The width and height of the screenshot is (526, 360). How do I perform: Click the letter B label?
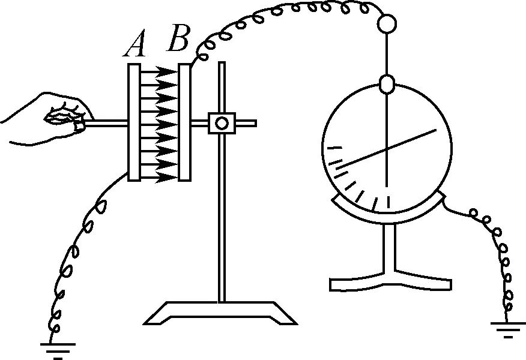coord(179,39)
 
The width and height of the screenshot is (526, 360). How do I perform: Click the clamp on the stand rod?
coord(221,123)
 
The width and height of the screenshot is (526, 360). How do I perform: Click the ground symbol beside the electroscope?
coord(508,328)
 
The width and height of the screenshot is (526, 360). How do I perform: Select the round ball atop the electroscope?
coord(387,23)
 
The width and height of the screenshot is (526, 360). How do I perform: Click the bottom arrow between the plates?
coord(160,177)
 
